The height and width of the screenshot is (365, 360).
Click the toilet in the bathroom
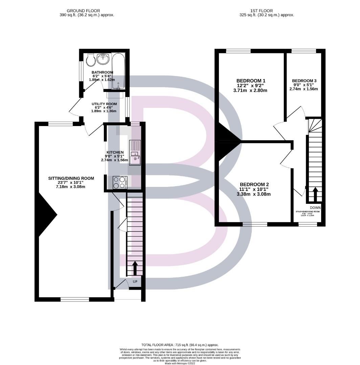[x=90, y=60]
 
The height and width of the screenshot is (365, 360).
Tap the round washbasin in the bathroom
[x=103, y=59]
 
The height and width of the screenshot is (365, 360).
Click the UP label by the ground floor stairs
[x=135, y=281]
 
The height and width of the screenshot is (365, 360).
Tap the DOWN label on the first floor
[x=315, y=208]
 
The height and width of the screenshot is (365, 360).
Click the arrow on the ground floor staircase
[x=135, y=267]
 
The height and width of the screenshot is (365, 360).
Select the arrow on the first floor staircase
[x=315, y=194]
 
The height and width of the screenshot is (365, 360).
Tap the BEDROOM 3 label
[x=304, y=80]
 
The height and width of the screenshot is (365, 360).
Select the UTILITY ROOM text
[x=104, y=104]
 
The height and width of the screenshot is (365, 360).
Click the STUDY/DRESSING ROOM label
[x=308, y=212]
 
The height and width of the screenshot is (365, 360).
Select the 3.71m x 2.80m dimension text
[x=250, y=90]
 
